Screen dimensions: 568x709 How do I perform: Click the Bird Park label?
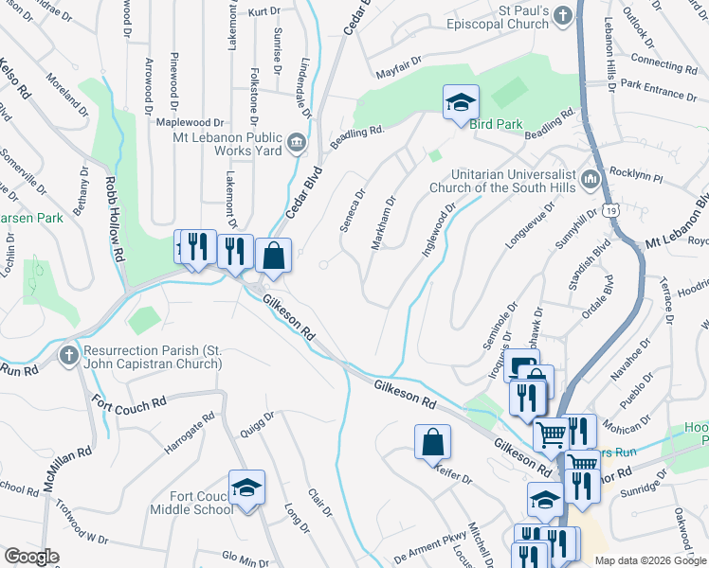pyautogui.click(x=495, y=124)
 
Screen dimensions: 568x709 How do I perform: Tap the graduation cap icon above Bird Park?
pyautogui.click(x=461, y=101)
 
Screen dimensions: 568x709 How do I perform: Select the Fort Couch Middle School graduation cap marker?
pyautogui.click(x=246, y=487)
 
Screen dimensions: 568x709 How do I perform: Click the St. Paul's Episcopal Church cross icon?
pyautogui.click(x=562, y=15)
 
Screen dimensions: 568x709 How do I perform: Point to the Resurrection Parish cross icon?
pyautogui.click(x=67, y=356)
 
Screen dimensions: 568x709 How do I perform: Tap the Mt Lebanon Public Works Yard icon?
pyautogui.click(x=297, y=142)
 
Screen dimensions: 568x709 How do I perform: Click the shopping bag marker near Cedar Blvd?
pyautogui.click(x=273, y=256)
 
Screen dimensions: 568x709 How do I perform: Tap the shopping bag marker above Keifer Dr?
pyautogui.click(x=432, y=441)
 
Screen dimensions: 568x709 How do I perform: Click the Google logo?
pyautogui.click(x=31, y=557)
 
